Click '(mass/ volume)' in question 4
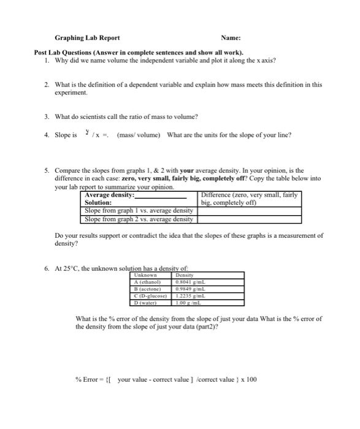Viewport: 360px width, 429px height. click(139, 135)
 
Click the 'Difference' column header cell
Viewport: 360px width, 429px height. click(248, 198)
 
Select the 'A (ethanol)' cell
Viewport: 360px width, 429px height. click(147, 284)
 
